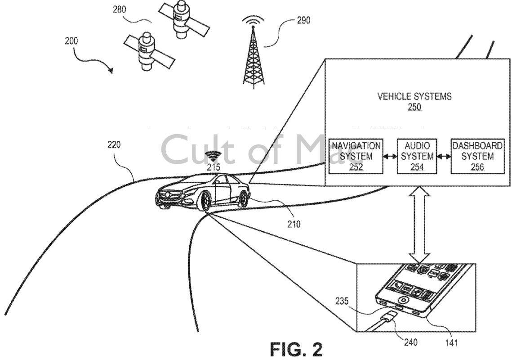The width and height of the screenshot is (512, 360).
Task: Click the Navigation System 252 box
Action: click(x=356, y=157)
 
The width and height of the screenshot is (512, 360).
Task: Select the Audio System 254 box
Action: click(x=417, y=157)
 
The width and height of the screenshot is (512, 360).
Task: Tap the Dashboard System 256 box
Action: click(x=477, y=157)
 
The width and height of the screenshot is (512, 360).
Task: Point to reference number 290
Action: click(x=303, y=20)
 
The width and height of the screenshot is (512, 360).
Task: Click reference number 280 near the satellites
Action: click(x=119, y=9)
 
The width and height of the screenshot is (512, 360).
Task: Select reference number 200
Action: click(x=71, y=41)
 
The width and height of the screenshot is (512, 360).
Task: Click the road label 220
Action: click(x=114, y=145)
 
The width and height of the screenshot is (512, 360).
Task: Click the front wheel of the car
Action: click(x=205, y=201)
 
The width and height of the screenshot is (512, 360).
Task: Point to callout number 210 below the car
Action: click(x=294, y=224)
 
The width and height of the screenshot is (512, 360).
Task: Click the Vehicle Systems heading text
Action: click(x=414, y=96)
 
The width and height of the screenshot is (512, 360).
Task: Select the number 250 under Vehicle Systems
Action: click(x=414, y=107)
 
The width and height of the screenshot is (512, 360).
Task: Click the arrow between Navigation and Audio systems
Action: click(x=389, y=157)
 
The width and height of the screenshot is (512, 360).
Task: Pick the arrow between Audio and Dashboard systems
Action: click(x=444, y=157)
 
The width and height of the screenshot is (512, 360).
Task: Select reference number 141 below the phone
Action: click(x=451, y=343)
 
